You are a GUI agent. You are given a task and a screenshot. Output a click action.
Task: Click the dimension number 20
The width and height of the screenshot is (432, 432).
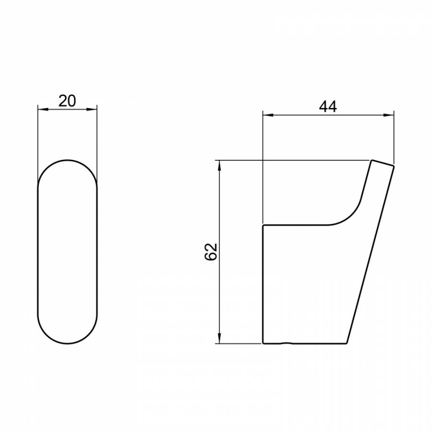pos(67,101)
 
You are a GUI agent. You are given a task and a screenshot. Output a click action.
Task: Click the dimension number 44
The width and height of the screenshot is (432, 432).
pos(328,107)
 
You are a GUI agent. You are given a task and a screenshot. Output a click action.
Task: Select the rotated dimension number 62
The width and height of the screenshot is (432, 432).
pos(211,252)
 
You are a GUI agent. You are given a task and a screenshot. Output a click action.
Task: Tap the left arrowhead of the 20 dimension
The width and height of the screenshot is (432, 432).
pos(43,109)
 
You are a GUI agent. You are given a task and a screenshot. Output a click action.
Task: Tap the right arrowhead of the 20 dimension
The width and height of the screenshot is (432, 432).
pos(92,109)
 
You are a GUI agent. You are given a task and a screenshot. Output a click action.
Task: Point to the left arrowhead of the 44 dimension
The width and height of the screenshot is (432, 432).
pos(268,115)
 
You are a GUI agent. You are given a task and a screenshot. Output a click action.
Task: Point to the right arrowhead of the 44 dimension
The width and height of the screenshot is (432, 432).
pos(388,115)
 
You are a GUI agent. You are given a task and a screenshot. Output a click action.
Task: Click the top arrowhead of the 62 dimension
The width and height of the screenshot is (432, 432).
pos(219,166)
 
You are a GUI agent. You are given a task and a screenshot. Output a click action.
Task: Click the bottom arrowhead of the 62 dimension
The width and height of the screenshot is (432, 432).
pos(219,338)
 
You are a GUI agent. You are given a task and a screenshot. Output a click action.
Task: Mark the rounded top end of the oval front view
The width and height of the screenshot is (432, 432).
pos(68,160)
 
